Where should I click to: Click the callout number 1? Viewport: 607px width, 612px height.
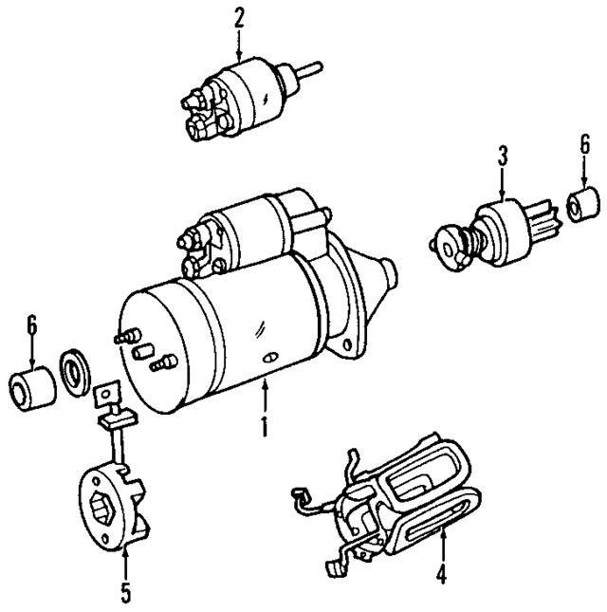pyautogui.click(x=266, y=426)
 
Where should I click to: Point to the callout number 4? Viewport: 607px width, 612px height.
pyautogui.click(x=440, y=574)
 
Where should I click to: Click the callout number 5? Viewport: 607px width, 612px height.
pyautogui.click(x=124, y=595)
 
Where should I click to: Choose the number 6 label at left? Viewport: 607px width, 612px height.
pyautogui.click(x=32, y=325)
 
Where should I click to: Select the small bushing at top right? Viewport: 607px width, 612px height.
pyautogui.click(x=583, y=204)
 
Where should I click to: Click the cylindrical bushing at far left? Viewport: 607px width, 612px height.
pyautogui.click(x=31, y=387)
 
